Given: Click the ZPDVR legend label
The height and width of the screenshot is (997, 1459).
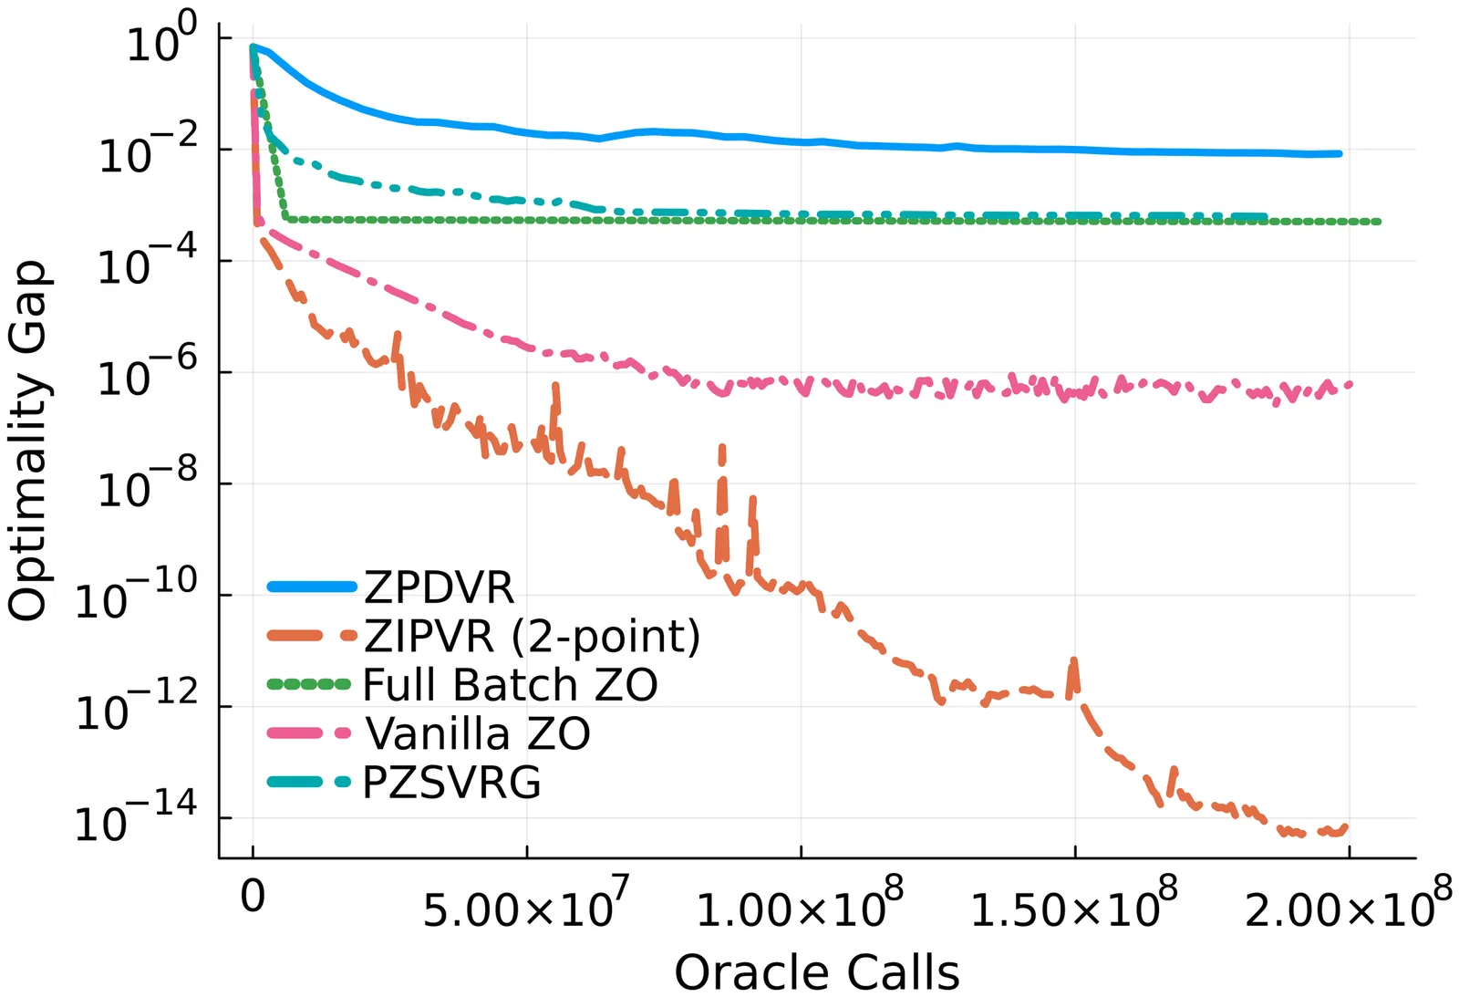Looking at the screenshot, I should [x=439, y=587].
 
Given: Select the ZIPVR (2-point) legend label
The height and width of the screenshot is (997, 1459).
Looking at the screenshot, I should [x=533, y=637].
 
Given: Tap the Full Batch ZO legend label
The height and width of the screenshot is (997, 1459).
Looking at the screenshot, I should [x=510, y=685].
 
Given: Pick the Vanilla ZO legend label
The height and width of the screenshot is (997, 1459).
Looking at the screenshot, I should [x=477, y=733].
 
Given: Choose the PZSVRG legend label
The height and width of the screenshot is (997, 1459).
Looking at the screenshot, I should [x=451, y=783].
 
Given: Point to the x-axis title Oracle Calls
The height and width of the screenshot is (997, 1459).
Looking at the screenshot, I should [x=817, y=972].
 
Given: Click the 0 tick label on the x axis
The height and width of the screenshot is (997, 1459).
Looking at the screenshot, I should [x=253, y=897].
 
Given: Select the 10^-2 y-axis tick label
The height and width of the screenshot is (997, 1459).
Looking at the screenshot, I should [x=148, y=151].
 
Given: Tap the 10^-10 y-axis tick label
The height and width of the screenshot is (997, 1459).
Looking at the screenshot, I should [x=136, y=597].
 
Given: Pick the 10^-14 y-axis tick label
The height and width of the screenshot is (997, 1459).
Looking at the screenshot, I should [x=136, y=820].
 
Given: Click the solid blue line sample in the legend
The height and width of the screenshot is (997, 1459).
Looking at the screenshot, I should [x=311, y=587].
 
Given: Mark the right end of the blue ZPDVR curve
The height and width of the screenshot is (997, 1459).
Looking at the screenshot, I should [x=1339, y=153].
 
